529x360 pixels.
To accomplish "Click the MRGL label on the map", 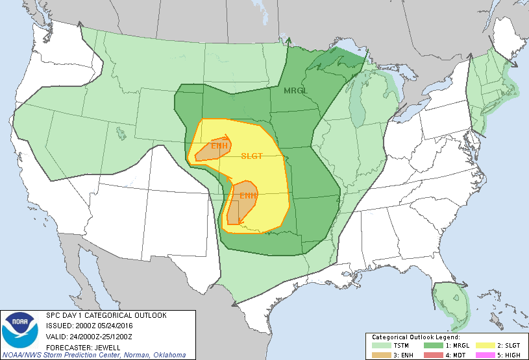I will [x=295, y=90].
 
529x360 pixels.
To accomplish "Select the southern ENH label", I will [x=248, y=195].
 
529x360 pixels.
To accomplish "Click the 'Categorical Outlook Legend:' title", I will [x=415, y=337].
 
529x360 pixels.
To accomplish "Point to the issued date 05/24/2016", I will [x=117, y=326].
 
